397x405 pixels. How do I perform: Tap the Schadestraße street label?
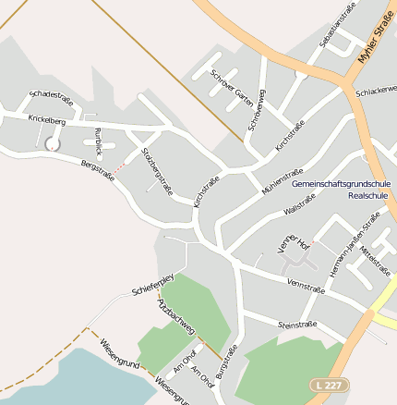[x=51, y=94]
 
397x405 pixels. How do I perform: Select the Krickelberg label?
[x=46, y=119]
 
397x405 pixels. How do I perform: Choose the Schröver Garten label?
[x=232, y=88]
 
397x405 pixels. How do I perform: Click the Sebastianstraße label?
[x=337, y=28]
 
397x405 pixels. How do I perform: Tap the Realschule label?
[x=368, y=196]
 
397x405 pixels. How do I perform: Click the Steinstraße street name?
[x=297, y=324]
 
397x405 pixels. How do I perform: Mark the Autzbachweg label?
[x=175, y=315]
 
